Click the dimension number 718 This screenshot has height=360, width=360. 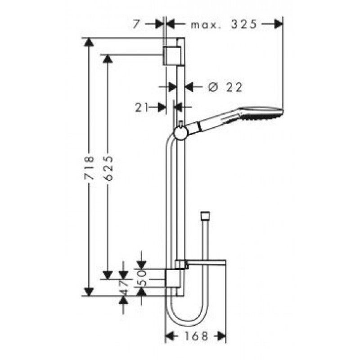point(89,167)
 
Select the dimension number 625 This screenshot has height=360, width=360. point(108,168)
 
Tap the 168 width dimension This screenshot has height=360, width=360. point(196,336)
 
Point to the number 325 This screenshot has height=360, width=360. point(243,24)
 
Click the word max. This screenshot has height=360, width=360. point(203,25)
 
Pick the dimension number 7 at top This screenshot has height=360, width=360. point(136,24)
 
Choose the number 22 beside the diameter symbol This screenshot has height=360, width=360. point(234,87)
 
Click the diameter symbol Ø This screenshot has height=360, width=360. point(213,87)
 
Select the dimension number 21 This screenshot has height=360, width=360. point(141,107)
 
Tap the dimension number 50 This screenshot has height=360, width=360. point(143,278)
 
